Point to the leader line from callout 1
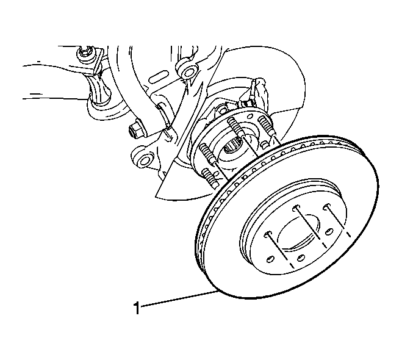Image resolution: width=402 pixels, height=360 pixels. (179, 298)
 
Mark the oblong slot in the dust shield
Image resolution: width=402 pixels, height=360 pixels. (158, 77)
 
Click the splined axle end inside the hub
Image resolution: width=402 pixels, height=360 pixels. (231, 146)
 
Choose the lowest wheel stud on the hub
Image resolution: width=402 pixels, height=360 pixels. (210, 178)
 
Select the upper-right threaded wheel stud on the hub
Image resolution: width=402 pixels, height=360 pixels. (267, 125)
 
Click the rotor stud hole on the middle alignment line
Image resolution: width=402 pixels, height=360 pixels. (296, 207)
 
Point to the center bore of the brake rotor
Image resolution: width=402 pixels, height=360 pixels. (299, 231)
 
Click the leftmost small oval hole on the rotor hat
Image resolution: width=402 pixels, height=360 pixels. (270, 259)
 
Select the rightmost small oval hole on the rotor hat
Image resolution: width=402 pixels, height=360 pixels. (328, 232)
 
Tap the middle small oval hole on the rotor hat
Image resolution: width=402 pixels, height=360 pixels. (301, 257)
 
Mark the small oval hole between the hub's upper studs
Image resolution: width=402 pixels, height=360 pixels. (249, 116)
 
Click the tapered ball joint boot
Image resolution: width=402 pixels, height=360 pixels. (99, 90)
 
